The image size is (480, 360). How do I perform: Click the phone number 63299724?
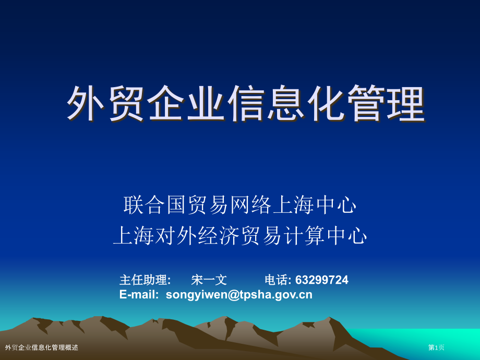click(321, 280)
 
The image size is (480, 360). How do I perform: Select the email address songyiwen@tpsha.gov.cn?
click(239, 295)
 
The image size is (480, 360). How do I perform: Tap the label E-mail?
click(139, 295)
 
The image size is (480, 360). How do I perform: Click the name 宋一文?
click(209, 280)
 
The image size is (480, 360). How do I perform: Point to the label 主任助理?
click(145, 280)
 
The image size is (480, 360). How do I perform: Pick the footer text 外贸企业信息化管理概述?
click(42, 347)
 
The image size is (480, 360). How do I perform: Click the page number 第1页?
click(436, 347)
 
